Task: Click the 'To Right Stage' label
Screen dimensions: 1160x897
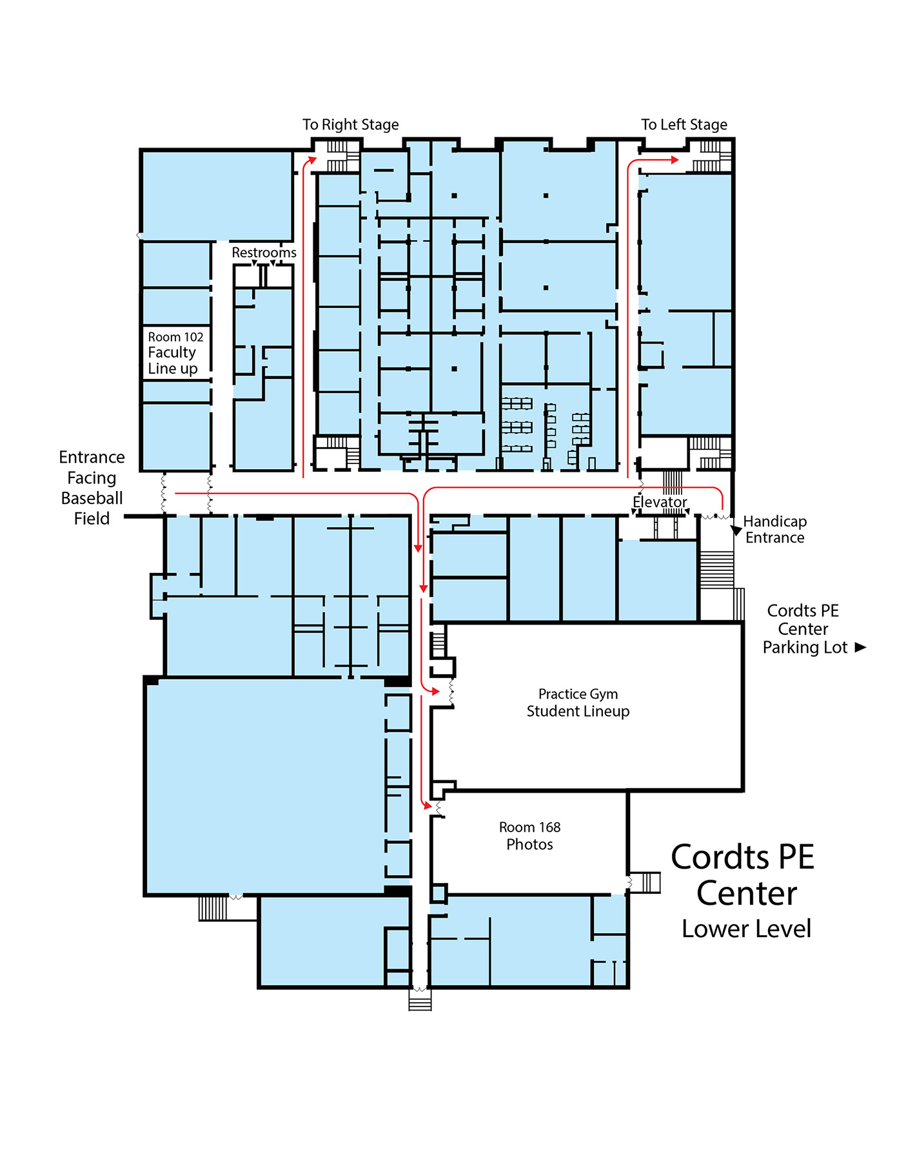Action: tap(350, 124)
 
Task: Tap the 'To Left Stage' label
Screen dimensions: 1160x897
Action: tap(684, 124)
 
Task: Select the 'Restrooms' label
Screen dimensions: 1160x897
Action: tap(264, 253)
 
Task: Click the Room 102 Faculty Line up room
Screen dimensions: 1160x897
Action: tap(175, 353)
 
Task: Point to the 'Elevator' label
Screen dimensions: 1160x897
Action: tap(659, 502)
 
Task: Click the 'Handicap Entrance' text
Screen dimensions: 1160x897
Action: tap(774, 529)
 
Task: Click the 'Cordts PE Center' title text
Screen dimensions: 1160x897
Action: tap(744, 875)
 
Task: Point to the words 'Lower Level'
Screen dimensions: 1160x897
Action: tap(746, 929)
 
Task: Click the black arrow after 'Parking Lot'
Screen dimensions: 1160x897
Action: tap(860, 647)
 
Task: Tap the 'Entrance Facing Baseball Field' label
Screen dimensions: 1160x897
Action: tap(92, 487)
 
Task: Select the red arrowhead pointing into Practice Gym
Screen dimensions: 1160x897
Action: tap(436, 691)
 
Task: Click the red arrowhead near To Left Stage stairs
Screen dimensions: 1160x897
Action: tap(675, 159)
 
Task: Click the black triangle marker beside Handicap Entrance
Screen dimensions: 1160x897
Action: tap(736, 530)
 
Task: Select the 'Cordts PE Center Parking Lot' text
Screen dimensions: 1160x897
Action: tap(804, 629)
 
